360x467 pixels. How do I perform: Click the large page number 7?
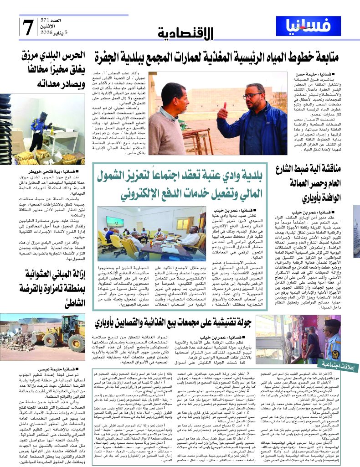coord(28,27)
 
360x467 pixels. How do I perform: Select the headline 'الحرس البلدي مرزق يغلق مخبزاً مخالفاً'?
coord(52,63)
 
